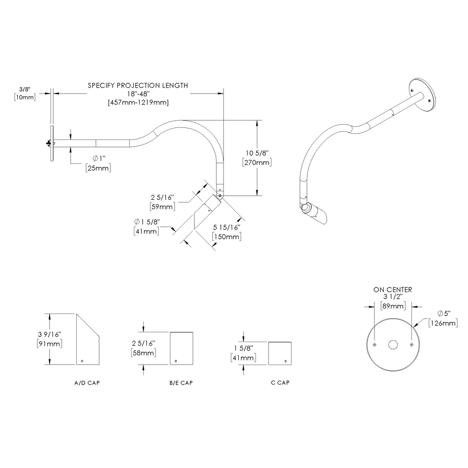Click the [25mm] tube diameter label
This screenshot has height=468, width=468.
[98, 168]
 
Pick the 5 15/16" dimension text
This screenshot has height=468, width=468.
[227, 228]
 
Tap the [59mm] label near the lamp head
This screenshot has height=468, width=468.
[162, 206]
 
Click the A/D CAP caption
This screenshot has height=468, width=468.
[87, 383]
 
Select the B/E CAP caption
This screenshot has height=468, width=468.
[181, 383]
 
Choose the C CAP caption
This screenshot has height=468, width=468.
[280, 383]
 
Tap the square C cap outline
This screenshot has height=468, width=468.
[280, 353]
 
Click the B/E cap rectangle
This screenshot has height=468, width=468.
[181, 349]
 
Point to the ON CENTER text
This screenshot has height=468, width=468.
[393, 290]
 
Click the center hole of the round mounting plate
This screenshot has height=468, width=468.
[393, 345]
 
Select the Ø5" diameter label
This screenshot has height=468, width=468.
[445, 314]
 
